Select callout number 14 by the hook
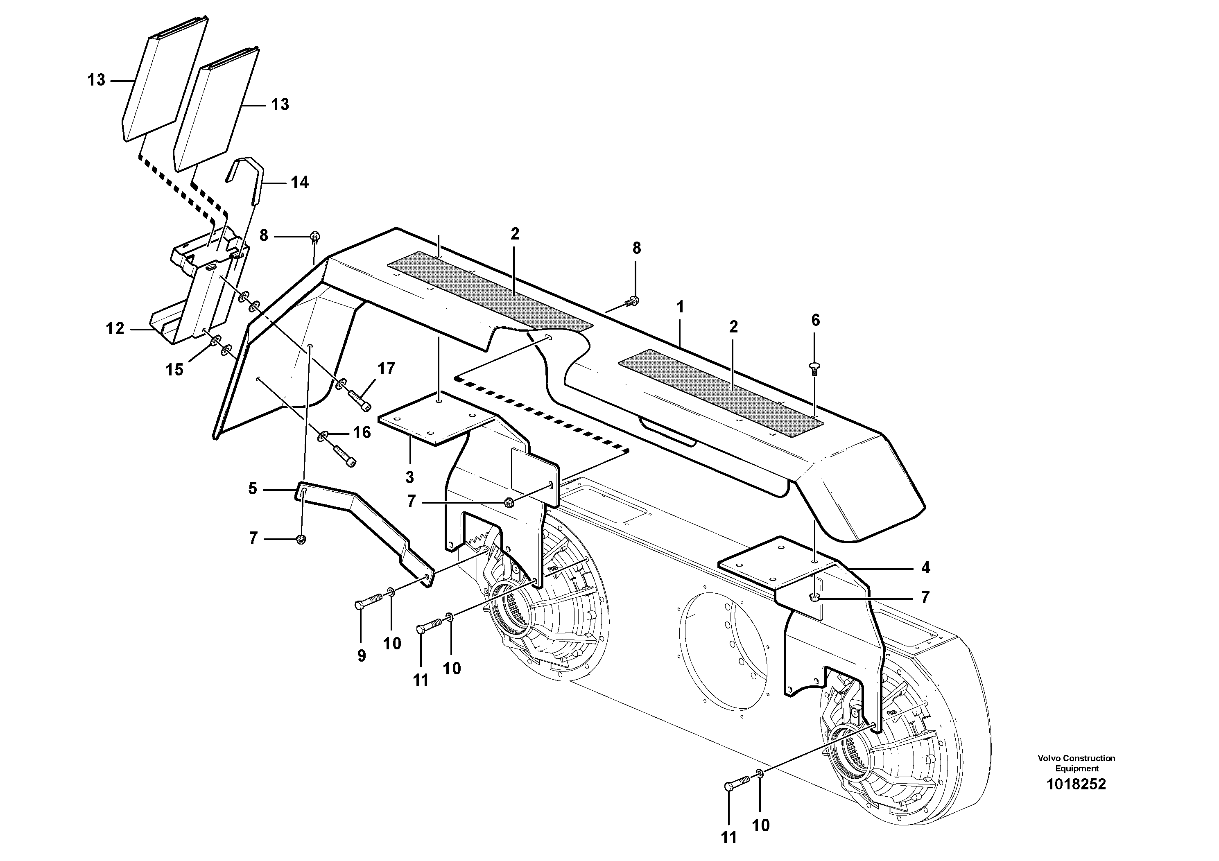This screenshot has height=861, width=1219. [x=299, y=183]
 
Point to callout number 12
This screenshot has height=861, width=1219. [x=115, y=329]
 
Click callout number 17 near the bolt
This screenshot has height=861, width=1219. [x=387, y=368]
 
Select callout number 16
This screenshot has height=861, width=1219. [x=362, y=433]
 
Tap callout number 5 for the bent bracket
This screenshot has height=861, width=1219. [x=253, y=488]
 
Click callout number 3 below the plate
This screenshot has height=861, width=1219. [x=409, y=477]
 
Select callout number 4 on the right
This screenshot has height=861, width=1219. [x=925, y=568]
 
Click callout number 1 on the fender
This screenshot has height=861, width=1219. [x=680, y=307]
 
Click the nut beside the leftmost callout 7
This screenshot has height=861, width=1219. [x=301, y=539]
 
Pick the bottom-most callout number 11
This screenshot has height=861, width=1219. [x=729, y=838]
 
